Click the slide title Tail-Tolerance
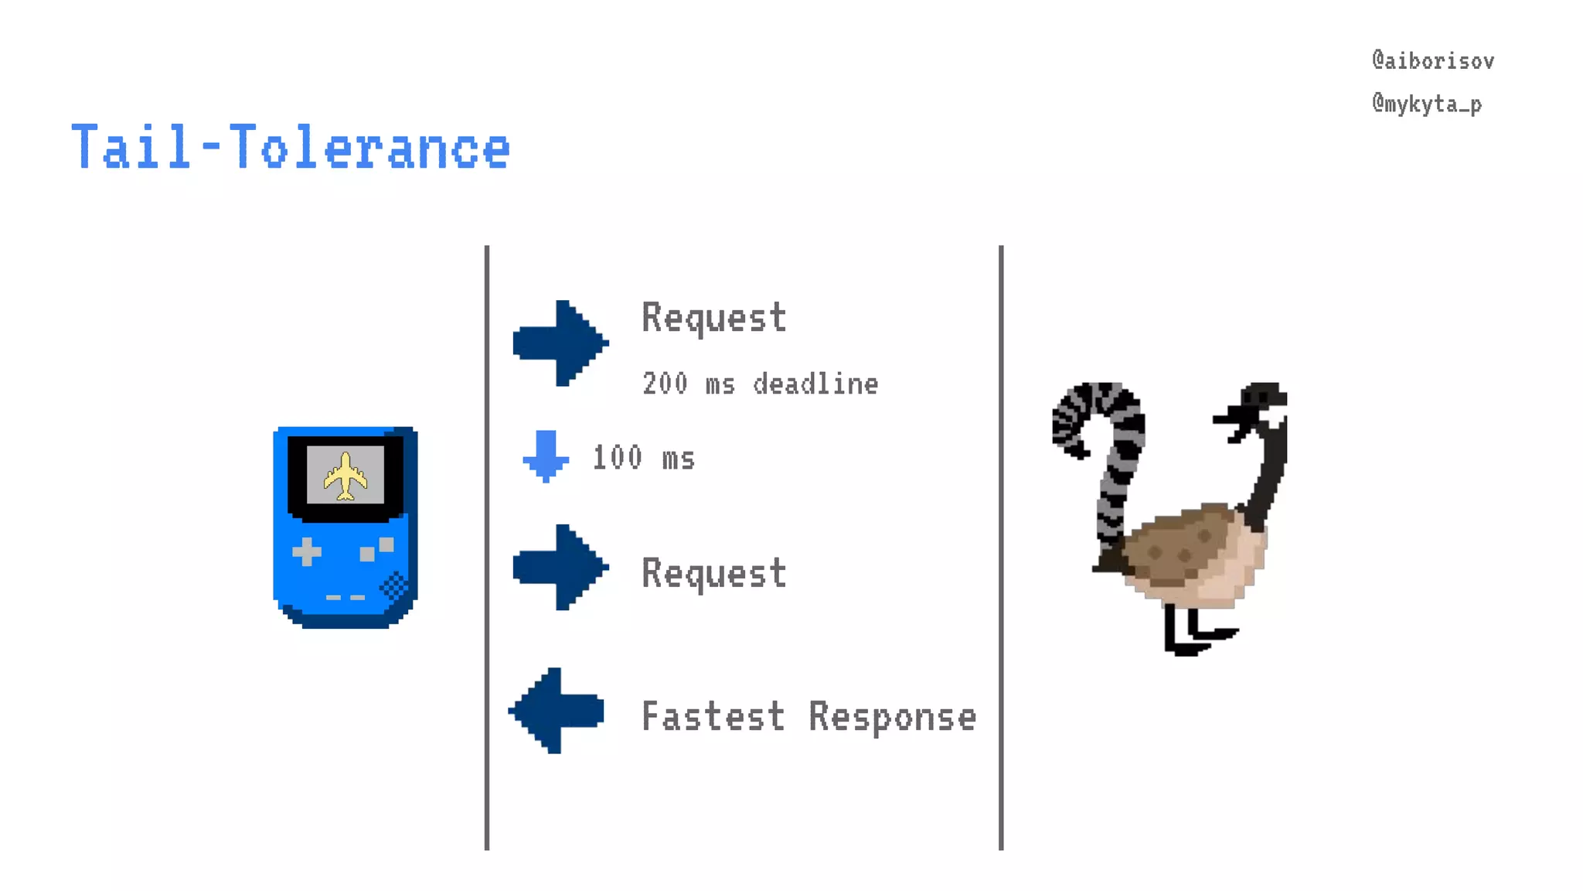291,147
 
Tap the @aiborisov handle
1432,61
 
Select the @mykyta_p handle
1427,104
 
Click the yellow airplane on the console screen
345,476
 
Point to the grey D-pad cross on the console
307,551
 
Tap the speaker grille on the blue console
394,585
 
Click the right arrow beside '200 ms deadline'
560,343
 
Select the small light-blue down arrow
546,456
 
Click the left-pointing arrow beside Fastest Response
556,711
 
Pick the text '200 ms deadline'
760,384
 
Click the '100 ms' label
643,458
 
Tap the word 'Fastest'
713,716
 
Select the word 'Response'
892,716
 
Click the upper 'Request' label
713,318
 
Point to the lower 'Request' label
713,573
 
